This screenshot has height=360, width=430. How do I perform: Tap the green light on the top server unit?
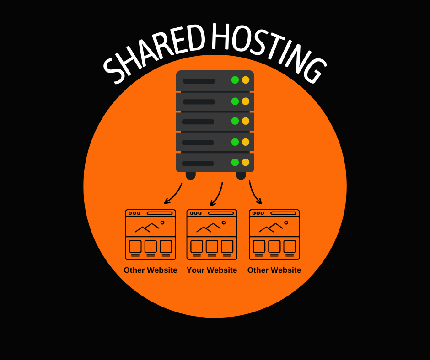[235, 80]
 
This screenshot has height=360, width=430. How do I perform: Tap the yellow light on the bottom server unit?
[246, 162]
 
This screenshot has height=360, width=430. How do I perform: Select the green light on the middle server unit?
[235, 121]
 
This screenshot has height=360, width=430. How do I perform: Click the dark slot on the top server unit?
[199, 81]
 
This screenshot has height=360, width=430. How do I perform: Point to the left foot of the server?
[191, 175]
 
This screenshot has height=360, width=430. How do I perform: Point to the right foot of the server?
[241, 175]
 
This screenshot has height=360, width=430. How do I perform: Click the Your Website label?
[212, 270]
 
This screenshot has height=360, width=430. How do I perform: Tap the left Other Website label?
[150, 270]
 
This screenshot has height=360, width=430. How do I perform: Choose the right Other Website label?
[274, 270]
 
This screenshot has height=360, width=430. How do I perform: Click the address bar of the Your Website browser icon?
[221, 213]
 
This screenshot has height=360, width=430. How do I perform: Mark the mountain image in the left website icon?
[147, 227]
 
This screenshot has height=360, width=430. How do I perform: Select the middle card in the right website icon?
[274, 247]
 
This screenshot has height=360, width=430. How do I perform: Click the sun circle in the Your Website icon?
[224, 222]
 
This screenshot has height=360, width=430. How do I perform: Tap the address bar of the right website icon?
[283, 213]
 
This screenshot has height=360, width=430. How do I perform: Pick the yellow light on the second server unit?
[246, 101]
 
